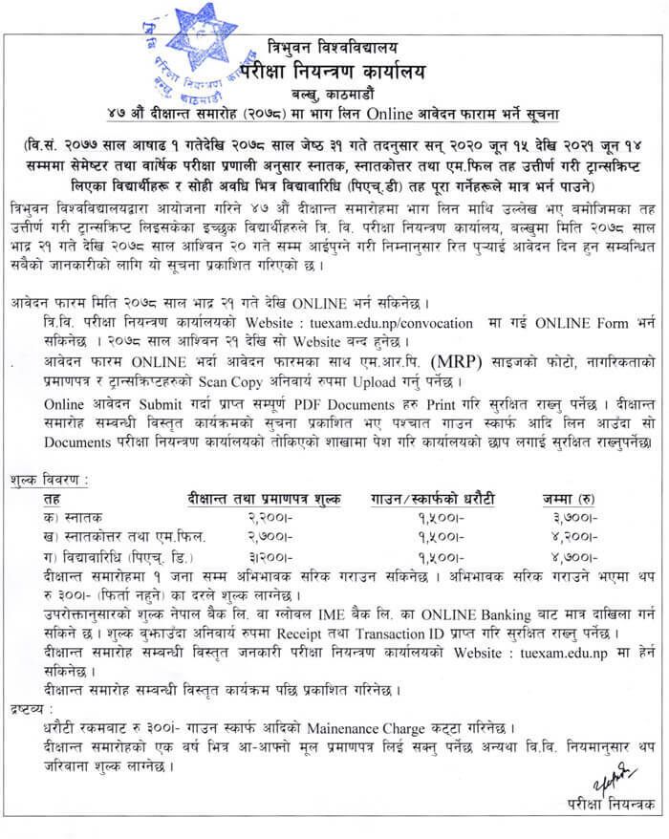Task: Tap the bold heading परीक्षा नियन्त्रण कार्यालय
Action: click(x=348, y=72)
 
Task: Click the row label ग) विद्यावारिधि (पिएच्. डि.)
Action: click(x=112, y=555)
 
